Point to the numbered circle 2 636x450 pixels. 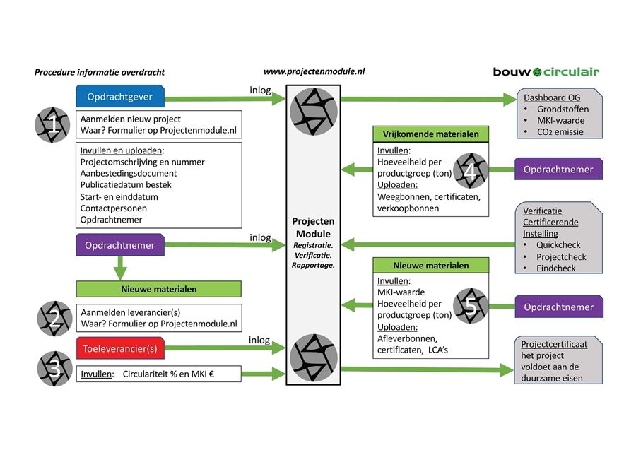click(x=54, y=319)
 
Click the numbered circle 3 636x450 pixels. click(x=54, y=368)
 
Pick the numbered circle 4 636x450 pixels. click(x=471, y=170)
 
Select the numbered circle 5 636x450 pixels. click(x=471, y=306)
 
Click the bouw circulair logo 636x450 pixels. click(x=546, y=71)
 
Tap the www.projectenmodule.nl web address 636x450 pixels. click(x=314, y=71)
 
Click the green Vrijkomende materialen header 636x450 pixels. click(x=430, y=134)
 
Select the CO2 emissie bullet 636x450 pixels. click(x=560, y=131)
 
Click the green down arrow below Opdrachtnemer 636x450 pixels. click(x=122, y=270)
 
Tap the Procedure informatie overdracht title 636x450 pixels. click(x=99, y=72)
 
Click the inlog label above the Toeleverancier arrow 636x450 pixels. click(x=259, y=340)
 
